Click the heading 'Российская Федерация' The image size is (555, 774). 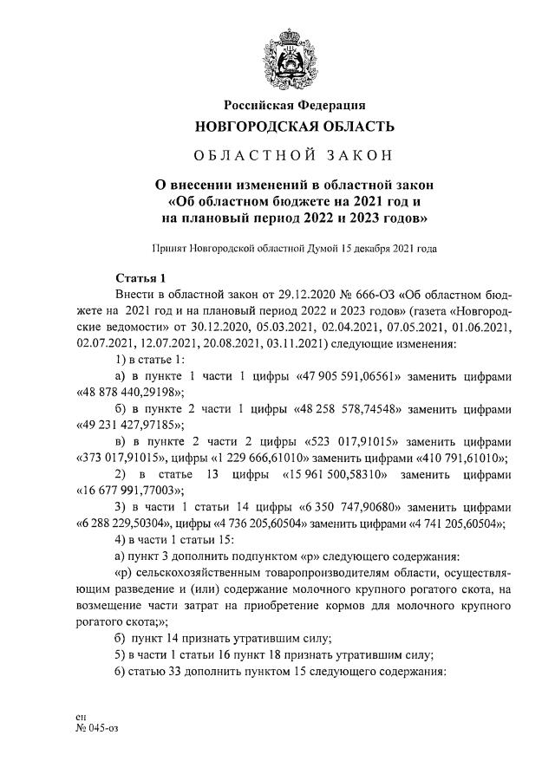pyautogui.click(x=294, y=106)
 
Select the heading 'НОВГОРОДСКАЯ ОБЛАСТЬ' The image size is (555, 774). pyautogui.click(x=294, y=127)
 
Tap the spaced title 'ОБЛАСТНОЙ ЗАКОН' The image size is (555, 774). pyautogui.click(x=294, y=156)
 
